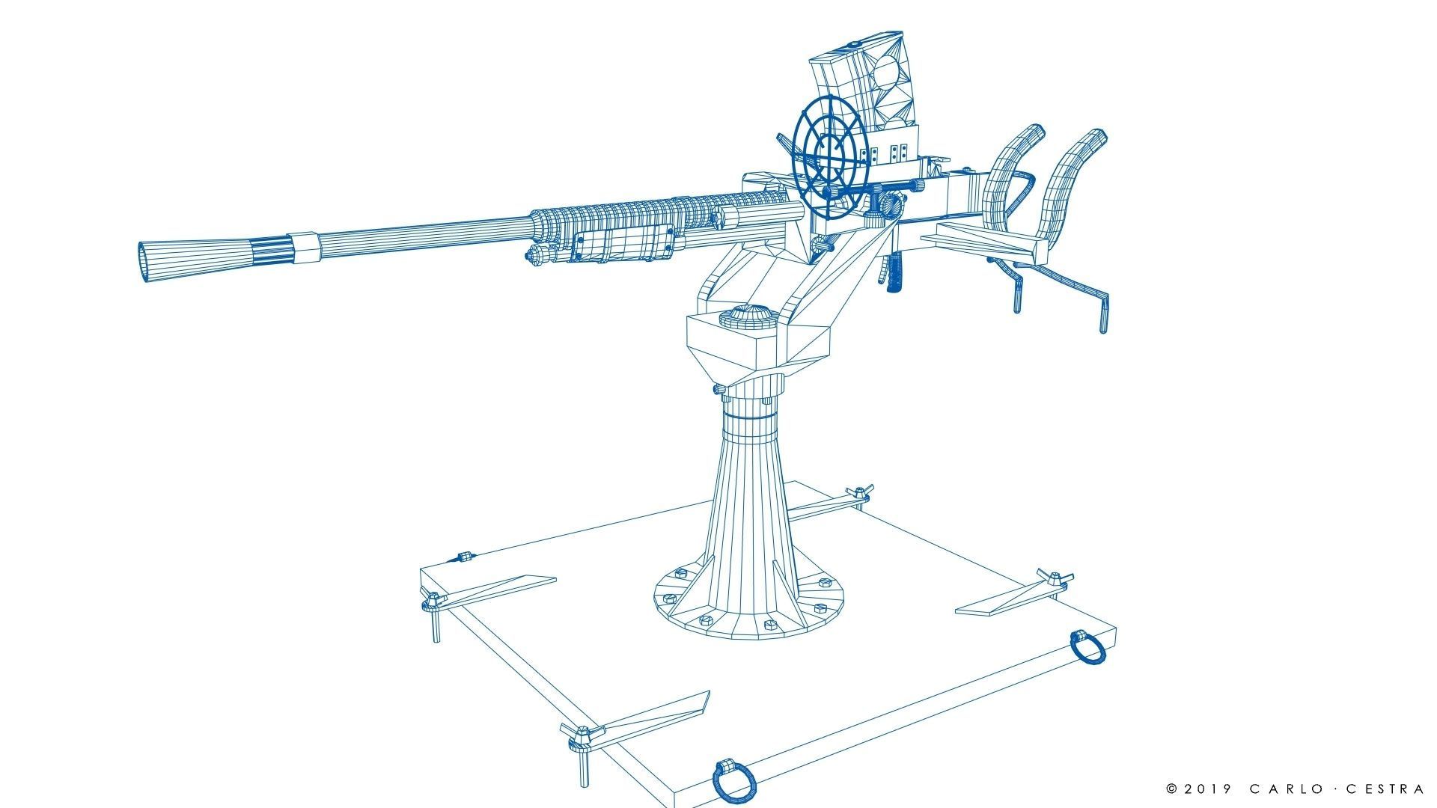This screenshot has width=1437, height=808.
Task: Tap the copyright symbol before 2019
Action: tap(1172, 789)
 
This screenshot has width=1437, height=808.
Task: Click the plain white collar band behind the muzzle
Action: tap(305, 248)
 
